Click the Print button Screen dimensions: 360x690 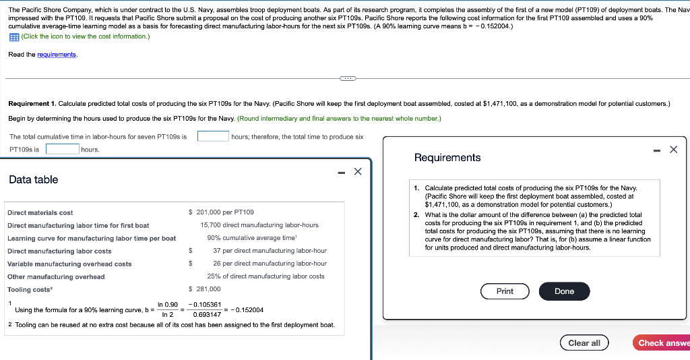[505, 291]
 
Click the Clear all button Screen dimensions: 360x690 [584, 343]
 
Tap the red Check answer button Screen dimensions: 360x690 [662, 343]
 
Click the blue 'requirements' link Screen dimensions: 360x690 [57, 54]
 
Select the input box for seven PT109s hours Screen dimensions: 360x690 [213, 136]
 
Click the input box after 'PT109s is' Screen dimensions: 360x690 [62, 149]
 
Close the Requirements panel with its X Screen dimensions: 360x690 [673, 150]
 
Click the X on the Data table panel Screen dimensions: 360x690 [358, 171]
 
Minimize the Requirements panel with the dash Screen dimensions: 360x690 [656, 150]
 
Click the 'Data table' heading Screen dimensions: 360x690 [34, 179]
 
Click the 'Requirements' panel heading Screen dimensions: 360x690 [447, 158]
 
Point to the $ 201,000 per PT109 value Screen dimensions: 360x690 [221, 212]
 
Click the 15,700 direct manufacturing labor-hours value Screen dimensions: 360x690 [259, 225]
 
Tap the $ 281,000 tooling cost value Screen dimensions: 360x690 [205, 289]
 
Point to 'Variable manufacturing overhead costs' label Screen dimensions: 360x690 [69, 264]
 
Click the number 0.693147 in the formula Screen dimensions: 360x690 [206, 314]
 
